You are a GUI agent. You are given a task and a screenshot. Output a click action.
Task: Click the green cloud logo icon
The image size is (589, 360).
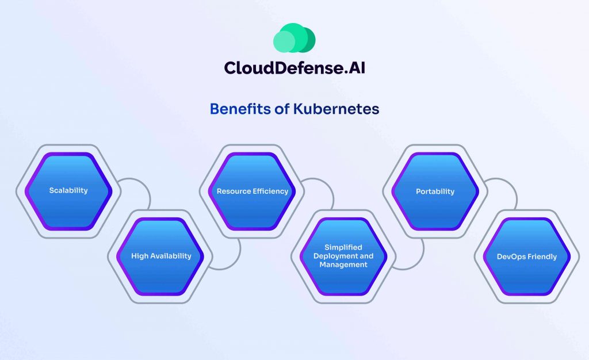pos(294,38)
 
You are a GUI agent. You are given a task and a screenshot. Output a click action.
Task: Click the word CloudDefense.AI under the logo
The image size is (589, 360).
pos(294,68)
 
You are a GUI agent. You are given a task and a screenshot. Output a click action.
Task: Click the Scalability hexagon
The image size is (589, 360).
pos(68,190)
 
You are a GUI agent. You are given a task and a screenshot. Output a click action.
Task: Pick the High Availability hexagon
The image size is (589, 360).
pos(161,256)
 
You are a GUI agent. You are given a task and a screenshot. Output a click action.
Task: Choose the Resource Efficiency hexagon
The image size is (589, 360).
pos(252,191)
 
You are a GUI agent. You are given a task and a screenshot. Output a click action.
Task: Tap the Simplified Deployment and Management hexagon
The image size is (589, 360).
pos(344,256)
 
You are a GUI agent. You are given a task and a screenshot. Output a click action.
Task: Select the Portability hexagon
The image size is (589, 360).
pos(435,191)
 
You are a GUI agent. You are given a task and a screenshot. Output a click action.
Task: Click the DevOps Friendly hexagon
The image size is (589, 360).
pos(526,256)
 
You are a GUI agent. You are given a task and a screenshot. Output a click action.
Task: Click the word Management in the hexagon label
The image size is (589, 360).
pos(344,265)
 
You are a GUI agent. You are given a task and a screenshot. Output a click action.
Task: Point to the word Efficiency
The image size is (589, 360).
pos(270,191)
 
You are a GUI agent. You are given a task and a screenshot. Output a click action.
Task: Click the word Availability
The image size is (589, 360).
pos(171,256)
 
